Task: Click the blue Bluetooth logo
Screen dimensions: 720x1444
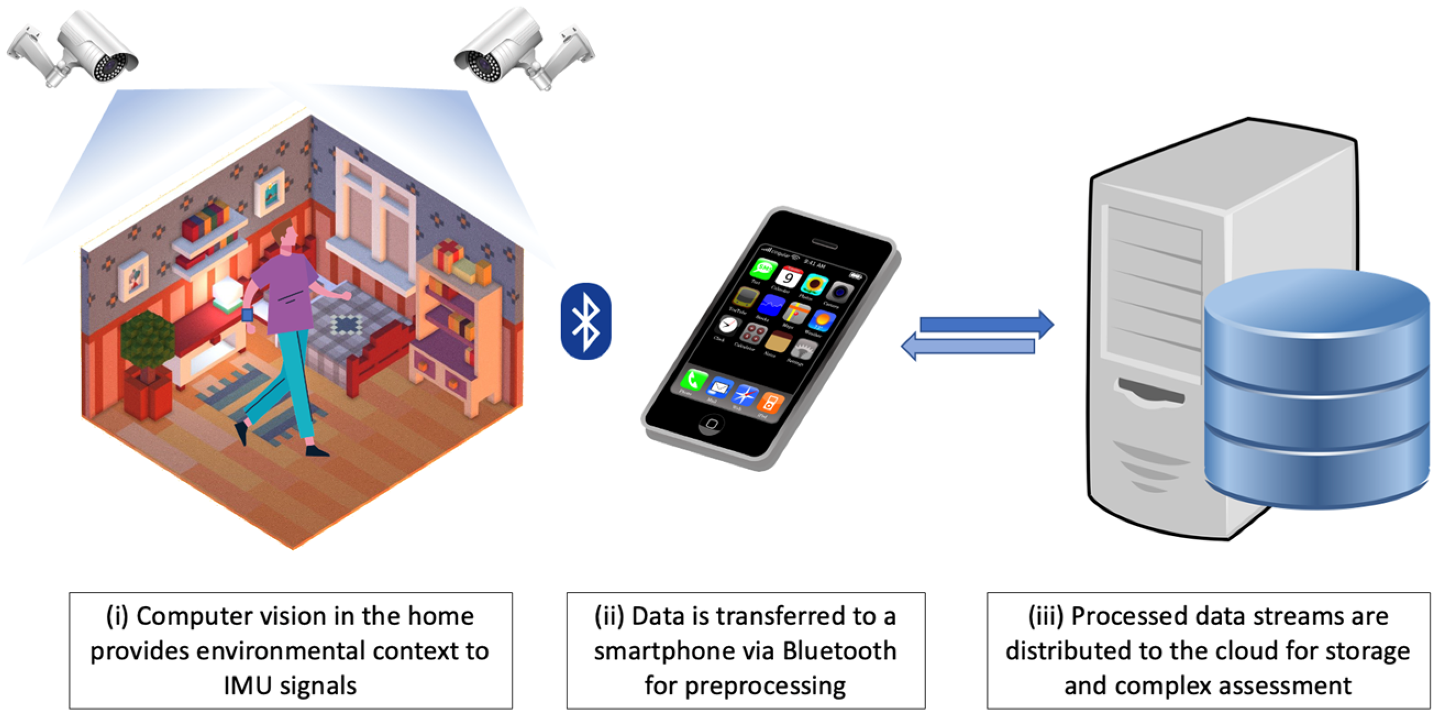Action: point(586,321)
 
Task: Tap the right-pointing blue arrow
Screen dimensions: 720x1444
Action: point(987,324)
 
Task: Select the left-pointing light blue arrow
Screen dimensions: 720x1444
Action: point(967,346)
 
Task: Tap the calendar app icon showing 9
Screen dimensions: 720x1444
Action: point(788,278)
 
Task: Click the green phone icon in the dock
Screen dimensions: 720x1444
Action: point(693,380)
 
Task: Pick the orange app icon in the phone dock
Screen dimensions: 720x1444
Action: point(770,402)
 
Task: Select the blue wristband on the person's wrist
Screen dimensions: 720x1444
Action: point(247,315)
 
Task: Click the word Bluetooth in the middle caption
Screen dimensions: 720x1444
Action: point(839,651)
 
